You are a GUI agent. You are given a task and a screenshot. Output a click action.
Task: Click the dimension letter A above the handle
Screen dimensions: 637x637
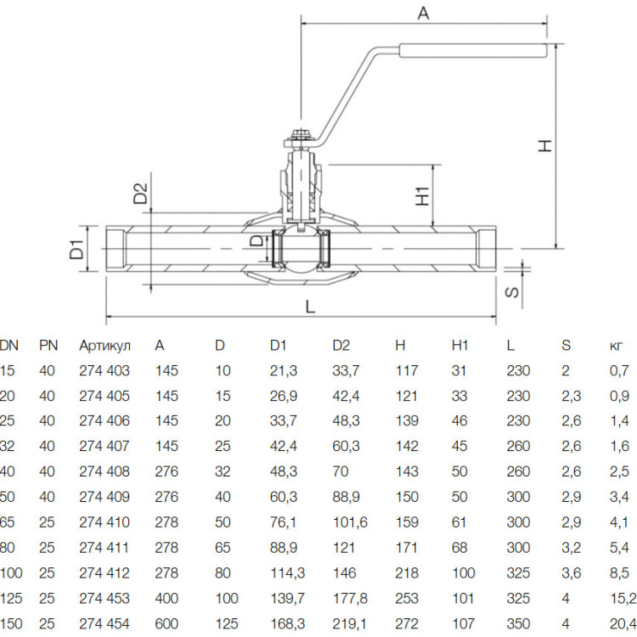pos(423,14)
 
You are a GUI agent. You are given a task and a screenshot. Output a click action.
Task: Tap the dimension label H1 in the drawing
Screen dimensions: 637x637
pos(423,196)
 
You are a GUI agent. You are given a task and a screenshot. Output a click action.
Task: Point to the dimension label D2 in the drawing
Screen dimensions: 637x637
pos(140,194)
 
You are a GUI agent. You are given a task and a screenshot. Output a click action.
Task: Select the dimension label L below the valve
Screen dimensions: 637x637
pos(310,307)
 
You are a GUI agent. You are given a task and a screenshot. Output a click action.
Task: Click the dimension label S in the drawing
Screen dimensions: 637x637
pos(512,292)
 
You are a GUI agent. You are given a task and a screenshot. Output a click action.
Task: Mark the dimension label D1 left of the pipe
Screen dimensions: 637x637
pos(76,250)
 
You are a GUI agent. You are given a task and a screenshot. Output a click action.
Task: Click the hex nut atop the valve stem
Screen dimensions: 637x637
pos(301,133)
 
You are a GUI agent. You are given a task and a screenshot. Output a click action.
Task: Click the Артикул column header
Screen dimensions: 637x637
pos(104,346)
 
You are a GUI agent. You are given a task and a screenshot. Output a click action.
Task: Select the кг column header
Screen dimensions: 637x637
pos(616,346)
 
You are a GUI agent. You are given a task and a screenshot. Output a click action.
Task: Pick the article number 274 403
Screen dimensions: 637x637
pos(104,370)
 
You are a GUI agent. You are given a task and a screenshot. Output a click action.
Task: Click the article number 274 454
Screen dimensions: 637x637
pos(104,623)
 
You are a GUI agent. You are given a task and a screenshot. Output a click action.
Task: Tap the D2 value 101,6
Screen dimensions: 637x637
pos(350,522)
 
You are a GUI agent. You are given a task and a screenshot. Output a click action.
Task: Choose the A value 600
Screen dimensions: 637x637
pos(166,623)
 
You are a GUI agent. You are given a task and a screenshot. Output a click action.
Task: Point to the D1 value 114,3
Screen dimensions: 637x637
pos(287,572)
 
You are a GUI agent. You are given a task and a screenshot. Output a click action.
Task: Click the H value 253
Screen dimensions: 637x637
pos(407,598)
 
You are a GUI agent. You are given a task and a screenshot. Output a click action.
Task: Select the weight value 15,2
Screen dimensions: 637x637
pos(622,598)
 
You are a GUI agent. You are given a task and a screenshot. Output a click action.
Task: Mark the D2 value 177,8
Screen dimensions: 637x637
pos(350,598)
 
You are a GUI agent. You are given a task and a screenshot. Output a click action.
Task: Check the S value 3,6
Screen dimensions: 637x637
pos(572,572)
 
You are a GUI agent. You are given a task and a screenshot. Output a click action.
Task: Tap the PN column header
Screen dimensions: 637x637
pos(48,346)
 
